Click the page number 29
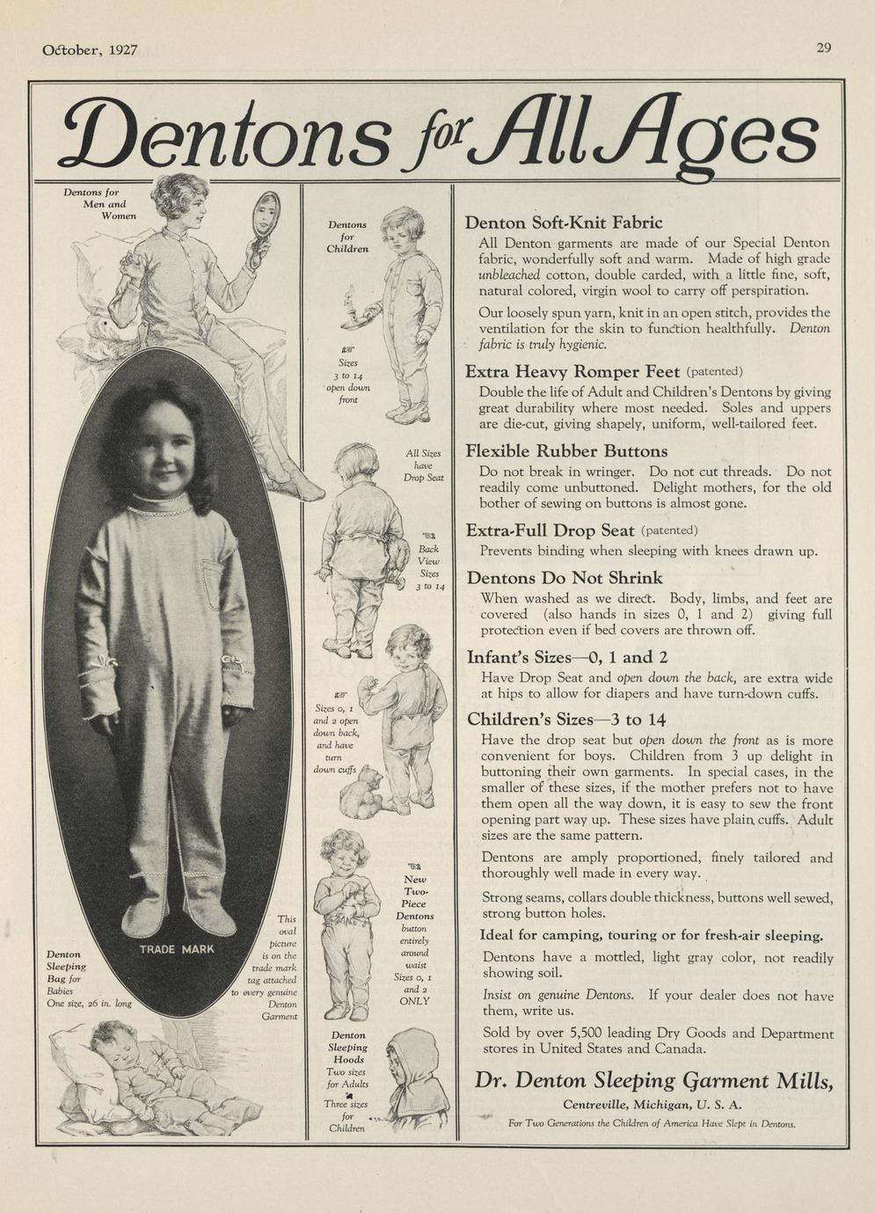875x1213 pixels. point(823,47)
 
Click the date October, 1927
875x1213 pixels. point(90,50)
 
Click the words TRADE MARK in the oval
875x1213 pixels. point(176,950)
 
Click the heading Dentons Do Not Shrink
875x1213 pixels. point(565,578)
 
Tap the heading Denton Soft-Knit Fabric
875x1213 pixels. point(564,223)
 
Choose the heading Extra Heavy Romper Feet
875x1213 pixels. point(572,371)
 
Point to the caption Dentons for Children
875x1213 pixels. point(347,237)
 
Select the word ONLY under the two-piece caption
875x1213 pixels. point(414,1001)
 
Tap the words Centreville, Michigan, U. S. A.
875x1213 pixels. point(653,1105)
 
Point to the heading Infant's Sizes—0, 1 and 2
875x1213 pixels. point(567,657)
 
